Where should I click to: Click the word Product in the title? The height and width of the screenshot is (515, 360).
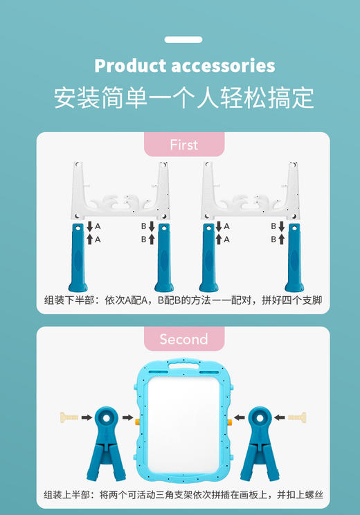coord(129,66)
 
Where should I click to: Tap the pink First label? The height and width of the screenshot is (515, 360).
coord(183,145)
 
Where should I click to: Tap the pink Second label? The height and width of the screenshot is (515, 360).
coord(183,339)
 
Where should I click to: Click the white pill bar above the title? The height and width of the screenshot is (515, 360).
coord(183,40)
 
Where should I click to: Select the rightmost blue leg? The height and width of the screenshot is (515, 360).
coord(294,257)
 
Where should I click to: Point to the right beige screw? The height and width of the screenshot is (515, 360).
coord(297,417)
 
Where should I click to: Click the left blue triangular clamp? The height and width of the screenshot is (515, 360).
coord(105,443)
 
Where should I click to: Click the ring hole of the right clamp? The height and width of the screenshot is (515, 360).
coord(260,417)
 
